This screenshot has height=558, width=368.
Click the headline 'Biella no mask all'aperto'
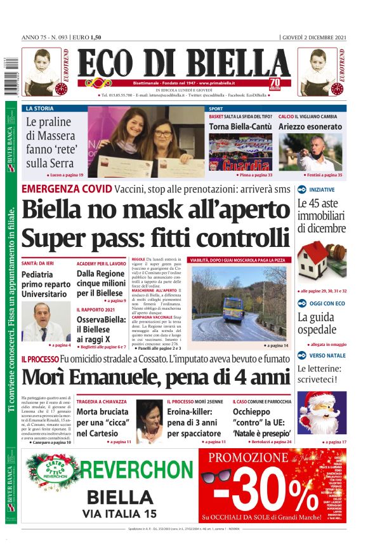pyautogui.click(x=155, y=209)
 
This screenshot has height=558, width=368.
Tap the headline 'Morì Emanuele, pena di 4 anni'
pyautogui.click(x=155, y=377)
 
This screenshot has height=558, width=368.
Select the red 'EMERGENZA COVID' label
pyautogui.click(x=67, y=189)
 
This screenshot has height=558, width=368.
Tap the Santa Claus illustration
pyautogui.click(x=322, y=412)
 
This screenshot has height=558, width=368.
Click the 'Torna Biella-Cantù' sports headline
pyautogui.click(x=240, y=127)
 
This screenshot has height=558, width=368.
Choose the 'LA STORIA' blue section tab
pyautogui.click(x=40, y=109)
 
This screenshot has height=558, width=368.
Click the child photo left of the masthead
pyautogui.click(x=41, y=72)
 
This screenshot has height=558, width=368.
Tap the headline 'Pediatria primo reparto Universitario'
pyautogui.click(x=46, y=283)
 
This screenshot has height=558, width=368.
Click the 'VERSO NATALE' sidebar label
pyautogui.click(x=327, y=355)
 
